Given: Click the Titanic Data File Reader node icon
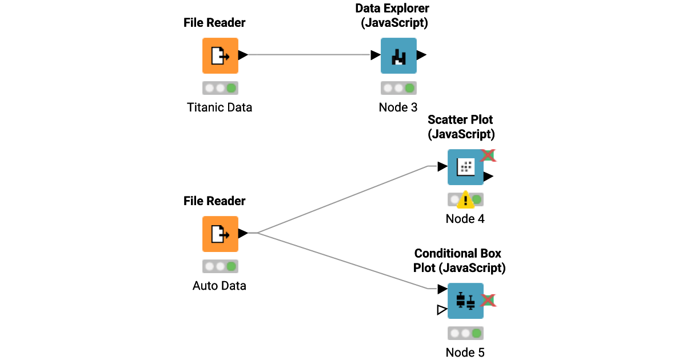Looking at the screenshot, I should (220, 55).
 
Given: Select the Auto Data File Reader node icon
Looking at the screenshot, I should (220, 234).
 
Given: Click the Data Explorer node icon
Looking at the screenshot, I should (398, 55).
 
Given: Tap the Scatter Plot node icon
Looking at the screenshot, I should (465, 167).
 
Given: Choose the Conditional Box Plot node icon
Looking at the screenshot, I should (465, 301).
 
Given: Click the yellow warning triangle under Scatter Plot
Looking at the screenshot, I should (466, 199).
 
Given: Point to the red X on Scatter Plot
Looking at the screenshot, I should (488, 155).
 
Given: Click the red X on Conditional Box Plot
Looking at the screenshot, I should (488, 300).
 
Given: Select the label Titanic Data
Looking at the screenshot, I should (220, 107).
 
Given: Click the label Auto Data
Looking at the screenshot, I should (220, 286).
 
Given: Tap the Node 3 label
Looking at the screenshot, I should (398, 107).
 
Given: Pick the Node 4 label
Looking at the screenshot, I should (465, 219).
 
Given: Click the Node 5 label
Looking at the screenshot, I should (465, 353).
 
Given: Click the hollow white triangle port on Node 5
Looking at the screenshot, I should (441, 310).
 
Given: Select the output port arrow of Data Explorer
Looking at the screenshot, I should (421, 55).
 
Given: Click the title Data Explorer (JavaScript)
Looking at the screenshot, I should (392, 16).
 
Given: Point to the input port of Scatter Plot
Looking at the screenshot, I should (442, 167).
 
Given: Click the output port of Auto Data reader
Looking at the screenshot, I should (242, 233).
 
